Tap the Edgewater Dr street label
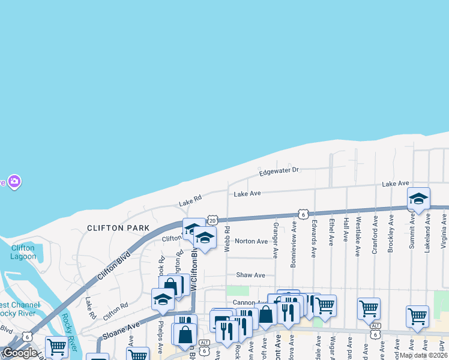click(279, 171)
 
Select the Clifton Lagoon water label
click(23, 251)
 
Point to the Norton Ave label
click(251, 241)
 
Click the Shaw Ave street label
click(250, 275)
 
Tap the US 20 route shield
click(212, 221)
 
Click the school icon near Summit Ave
click(418, 199)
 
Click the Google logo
click(19, 353)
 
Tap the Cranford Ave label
click(375, 238)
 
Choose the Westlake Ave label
click(358, 237)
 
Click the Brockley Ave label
click(391, 238)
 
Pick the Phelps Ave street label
click(160, 338)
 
